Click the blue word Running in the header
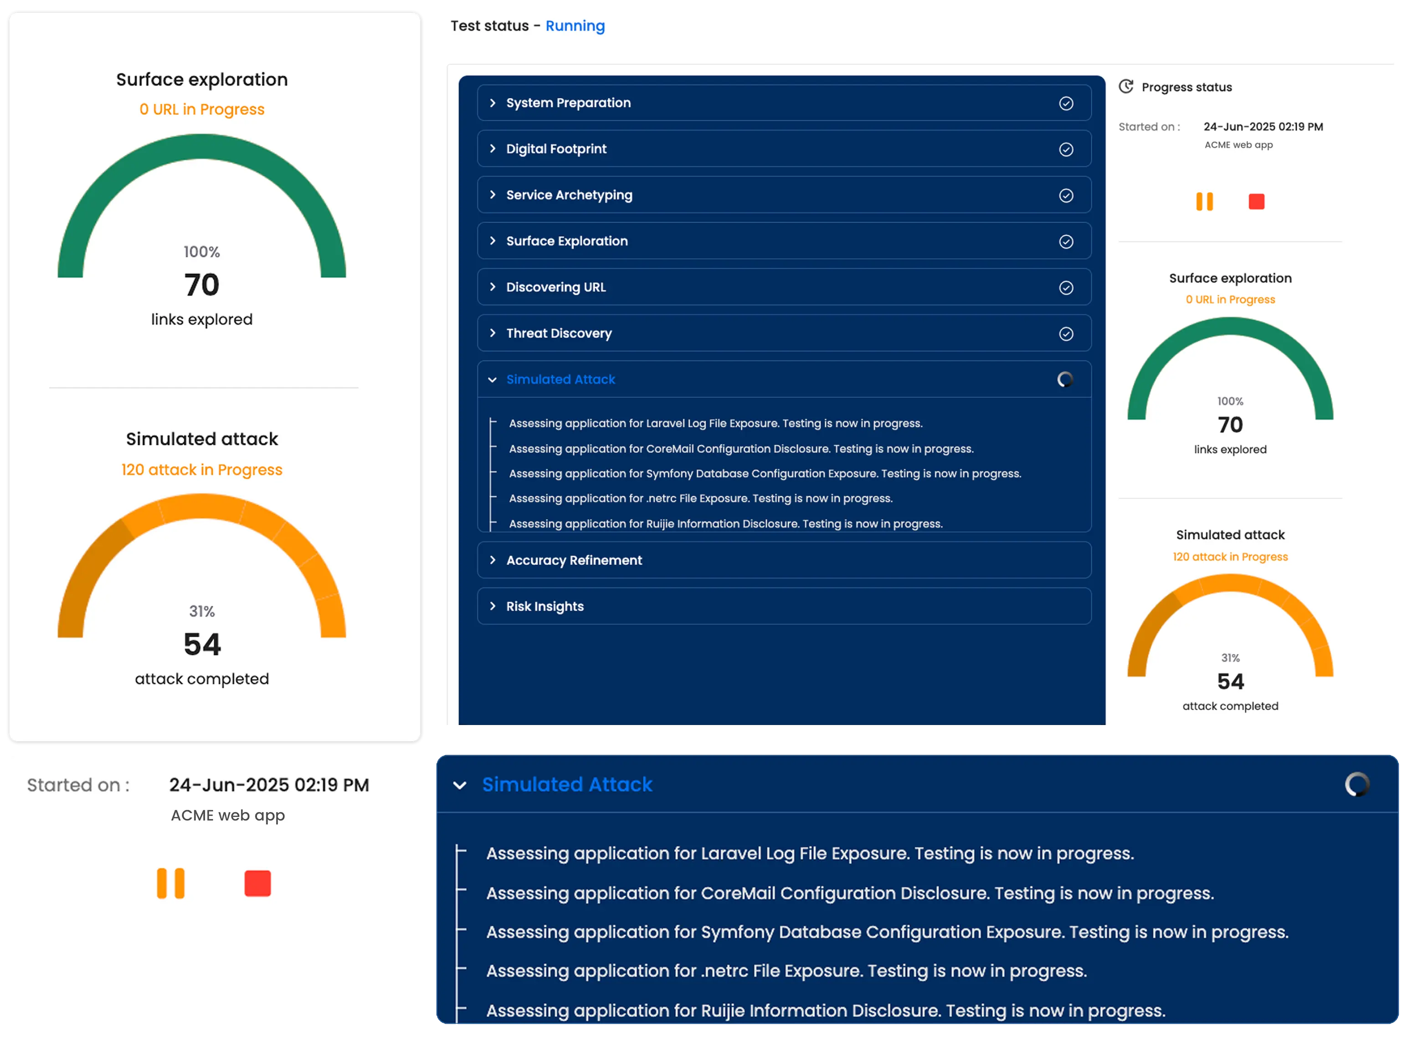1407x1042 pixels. [x=575, y=26]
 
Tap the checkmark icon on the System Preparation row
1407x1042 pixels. [x=1066, y=103]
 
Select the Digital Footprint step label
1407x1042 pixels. [x=556, y=149]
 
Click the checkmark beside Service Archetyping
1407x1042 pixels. [x=1066, y=195]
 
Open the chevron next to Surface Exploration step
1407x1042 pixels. [x=493, y=241]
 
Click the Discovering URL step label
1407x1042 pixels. [x=556, y=287]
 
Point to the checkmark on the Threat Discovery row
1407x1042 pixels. [x=1066, y=334]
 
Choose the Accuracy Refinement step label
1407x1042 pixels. [x=574, y=560]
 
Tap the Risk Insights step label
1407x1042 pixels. [x=544, y=606]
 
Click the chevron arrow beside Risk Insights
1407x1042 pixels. [x=493, y=606]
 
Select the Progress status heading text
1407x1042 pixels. [x=1186, y=87]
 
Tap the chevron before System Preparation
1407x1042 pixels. [x=493, y=103]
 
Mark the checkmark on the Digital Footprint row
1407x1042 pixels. [x=1066, y=149]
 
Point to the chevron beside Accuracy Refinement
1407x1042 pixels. [x=493, y=560]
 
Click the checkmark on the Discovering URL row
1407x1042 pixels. [x=1066, y=288]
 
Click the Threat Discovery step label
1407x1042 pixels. [x=559, y=333]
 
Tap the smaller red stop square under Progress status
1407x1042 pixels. [x=1256, y=202]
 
